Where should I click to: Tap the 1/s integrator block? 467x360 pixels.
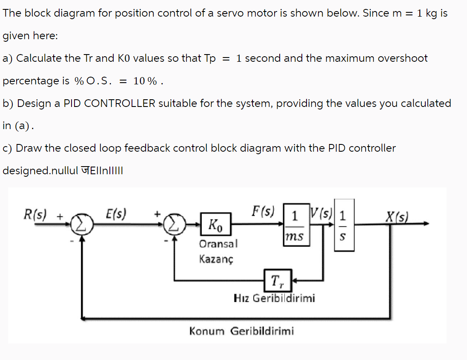[344, 225]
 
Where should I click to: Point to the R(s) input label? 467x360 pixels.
[36, 213]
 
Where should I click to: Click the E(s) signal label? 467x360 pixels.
[115, 213]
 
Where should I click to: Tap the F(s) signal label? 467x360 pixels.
[263, 210]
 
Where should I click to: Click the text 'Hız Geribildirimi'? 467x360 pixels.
[275, 298]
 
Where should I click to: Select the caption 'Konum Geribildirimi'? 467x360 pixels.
[241, 331]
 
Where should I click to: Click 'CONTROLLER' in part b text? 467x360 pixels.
[120, 103]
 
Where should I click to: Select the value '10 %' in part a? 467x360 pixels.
[145, 81]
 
